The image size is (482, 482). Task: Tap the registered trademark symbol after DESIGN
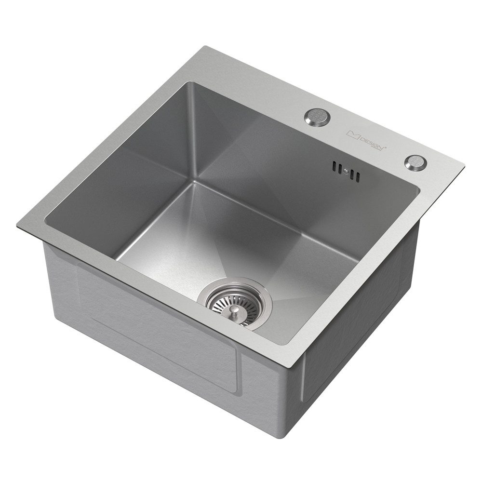pos(385,148)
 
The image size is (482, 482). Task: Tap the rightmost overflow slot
pos(358,176)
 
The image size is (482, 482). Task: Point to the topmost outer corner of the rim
pos(205,46)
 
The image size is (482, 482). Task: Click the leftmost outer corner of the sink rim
pos(17,227)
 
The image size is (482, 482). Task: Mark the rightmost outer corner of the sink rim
pos(464,165)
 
